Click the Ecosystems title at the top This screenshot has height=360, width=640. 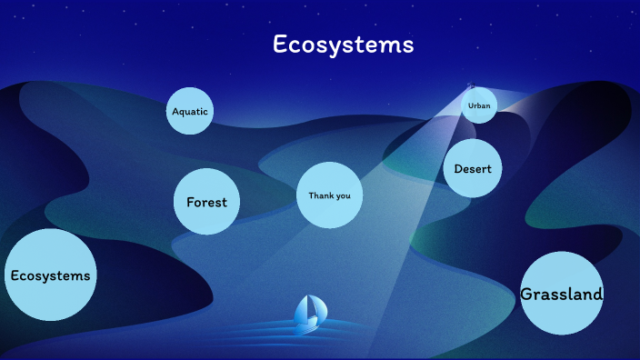pos(344,45)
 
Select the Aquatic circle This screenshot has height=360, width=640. pos(190,111)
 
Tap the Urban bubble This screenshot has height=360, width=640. pos(479,105)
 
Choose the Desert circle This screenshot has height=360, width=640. pos(473,168)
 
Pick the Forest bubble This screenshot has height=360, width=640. pos(206,202)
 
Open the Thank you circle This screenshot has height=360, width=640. pos(329,195)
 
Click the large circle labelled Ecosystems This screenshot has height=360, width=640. pos(50,275)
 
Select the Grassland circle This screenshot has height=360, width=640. pos(562,294)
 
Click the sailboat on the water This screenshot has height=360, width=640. pos(309,312)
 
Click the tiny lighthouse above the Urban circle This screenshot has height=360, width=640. pos(470,86)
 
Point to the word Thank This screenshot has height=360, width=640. pos(321,195)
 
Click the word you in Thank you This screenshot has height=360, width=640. pos(343,195)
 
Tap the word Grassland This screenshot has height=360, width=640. pos(562,295)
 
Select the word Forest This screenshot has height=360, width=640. pos(206,203)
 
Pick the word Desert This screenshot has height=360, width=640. pos(473,169)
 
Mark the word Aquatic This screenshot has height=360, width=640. pos(190,112)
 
